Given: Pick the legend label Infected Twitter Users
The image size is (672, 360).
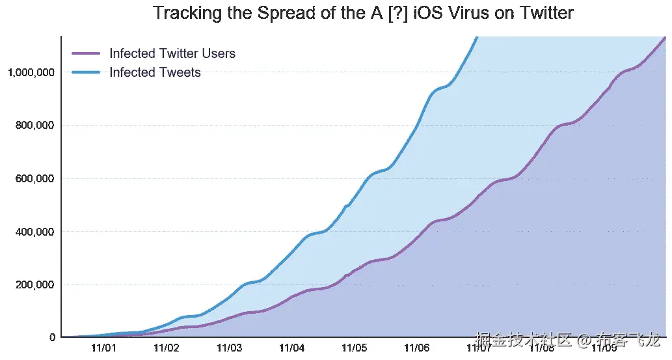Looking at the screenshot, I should click(172, 53).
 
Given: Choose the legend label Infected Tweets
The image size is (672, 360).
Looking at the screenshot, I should click(155, 72).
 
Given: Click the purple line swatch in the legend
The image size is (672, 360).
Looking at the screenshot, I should click(85, 53).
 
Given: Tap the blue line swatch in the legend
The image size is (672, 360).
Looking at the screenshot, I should click(85, 72).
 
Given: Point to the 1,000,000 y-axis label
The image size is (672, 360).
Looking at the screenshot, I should click(31, 72).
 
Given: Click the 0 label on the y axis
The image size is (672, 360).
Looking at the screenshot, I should click(52, 337).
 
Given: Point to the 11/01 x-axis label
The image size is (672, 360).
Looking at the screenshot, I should click(103, 348).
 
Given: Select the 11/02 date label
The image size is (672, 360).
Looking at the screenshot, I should click(167, 348).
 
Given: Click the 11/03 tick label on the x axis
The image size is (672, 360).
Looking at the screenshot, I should click(229, 348).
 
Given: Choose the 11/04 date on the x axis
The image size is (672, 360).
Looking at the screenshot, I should click(291, 348).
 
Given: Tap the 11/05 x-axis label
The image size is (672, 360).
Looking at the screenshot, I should click(354, 348).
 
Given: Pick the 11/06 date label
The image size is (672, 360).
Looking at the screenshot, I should click(416, 348).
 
